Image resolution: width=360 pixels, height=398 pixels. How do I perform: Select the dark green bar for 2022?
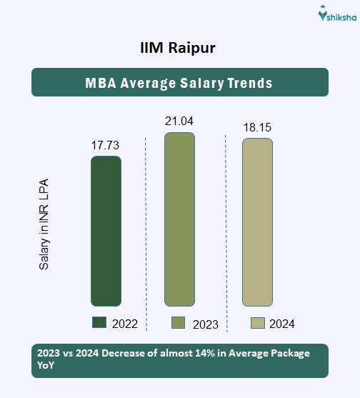106,231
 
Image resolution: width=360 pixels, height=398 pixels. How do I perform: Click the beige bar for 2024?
257,222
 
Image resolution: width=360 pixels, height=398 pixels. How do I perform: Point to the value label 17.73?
105,145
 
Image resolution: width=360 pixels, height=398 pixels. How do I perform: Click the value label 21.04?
179,121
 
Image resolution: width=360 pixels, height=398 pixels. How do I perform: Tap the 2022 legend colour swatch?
99,323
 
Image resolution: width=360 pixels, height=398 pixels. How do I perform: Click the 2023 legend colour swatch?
179,324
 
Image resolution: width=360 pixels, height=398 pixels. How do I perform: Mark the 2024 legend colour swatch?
258,323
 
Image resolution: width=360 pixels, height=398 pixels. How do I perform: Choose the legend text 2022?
124,324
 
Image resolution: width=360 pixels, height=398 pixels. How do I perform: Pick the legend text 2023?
205,324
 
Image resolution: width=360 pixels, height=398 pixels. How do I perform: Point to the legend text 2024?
282,324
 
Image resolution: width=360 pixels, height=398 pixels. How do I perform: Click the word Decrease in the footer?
119,352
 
